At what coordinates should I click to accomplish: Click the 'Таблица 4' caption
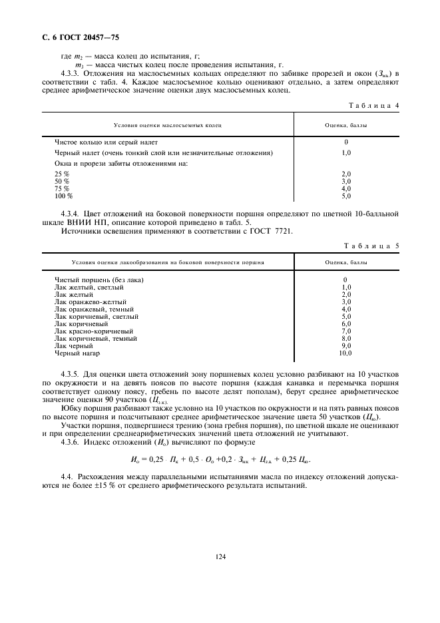[373, 105]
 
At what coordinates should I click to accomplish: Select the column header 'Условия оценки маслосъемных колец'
[168, 124]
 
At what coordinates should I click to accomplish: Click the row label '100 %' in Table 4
[64, 196]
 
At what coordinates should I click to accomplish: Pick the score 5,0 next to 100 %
[346, 196]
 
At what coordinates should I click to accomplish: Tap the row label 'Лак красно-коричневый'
[94, 330]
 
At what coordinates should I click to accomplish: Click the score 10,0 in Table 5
[346, 353]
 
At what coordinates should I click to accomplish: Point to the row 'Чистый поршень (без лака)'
[99, 280]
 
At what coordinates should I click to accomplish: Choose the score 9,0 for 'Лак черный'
[346, 345]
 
